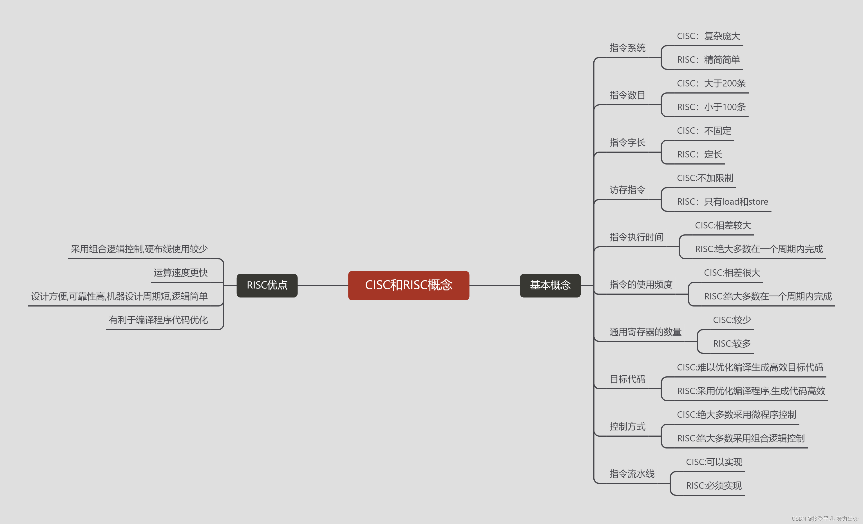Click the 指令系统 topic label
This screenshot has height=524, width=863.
click(x=627, y=48)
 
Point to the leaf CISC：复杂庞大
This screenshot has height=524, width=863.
click(x=708, y=36)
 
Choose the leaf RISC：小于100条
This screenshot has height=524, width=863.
click(x=711, y=107)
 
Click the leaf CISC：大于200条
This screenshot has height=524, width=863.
click(x=711, y=83)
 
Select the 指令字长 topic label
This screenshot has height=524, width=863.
click(x=627, y=143)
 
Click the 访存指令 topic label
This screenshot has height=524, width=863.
click(x=627, y=190)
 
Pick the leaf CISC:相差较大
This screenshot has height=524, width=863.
click(x=723, y=225)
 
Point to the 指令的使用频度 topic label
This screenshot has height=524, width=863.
click(x=641, y=285)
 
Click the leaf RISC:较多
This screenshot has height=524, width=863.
click(x=732, y=343)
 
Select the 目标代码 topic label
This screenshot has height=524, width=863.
click(x=627, y=379)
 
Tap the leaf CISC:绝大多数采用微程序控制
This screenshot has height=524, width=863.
click(x=736, y=415)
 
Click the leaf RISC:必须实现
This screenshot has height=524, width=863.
click(x=714, y=486)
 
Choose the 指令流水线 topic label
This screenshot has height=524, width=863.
click(x=632, y=474)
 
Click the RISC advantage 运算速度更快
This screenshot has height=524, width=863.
click(x=180, y=273)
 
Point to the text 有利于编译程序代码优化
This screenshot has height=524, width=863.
click(x=158, y=320)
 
